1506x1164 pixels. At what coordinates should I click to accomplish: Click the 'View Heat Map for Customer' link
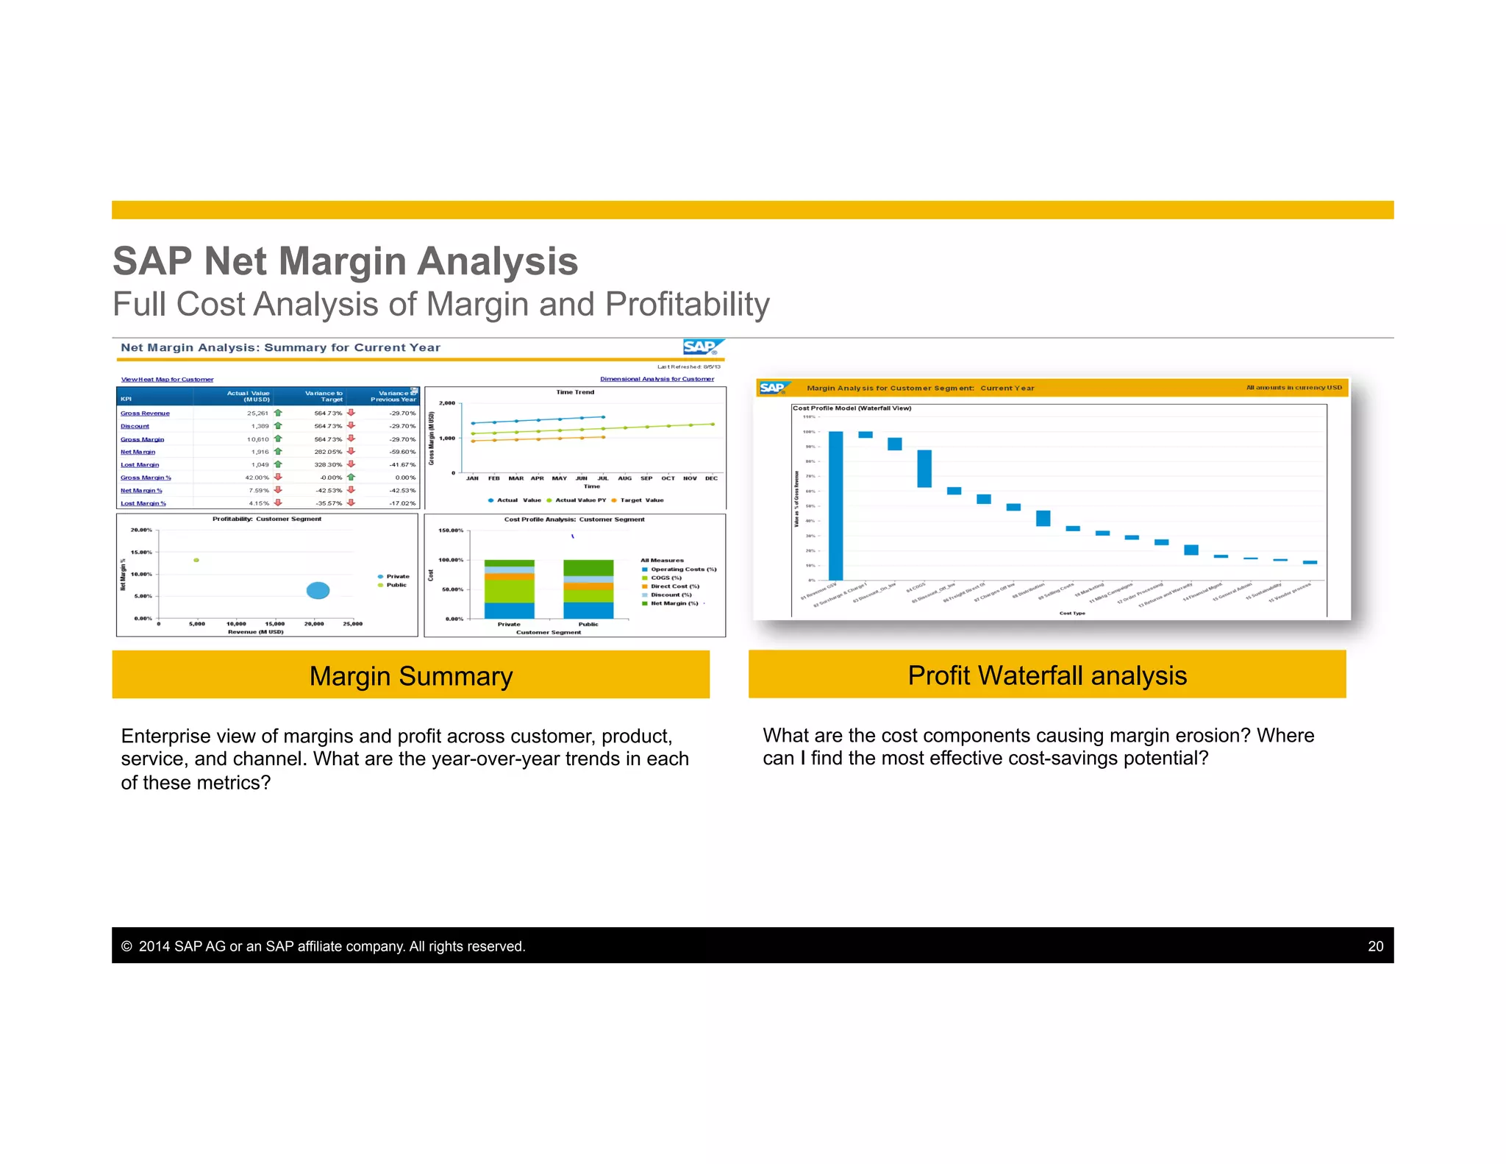167,380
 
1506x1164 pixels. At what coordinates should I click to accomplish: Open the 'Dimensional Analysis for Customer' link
657,379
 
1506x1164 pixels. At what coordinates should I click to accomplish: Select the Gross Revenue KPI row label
145,414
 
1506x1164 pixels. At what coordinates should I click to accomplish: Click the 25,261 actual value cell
257,414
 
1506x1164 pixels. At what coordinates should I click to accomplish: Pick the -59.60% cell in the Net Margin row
402,452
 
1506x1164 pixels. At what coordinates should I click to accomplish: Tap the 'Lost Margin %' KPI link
143,503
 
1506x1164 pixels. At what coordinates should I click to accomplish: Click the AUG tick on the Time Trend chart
624,478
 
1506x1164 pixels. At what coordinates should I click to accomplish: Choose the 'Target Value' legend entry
641,500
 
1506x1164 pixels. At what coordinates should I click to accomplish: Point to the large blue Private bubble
318,590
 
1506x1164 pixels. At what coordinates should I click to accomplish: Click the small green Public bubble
196,561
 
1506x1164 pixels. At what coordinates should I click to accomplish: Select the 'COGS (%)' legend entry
665,578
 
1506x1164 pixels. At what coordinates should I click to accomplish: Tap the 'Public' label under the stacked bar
588,625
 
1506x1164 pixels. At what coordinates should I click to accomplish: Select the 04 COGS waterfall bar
924,469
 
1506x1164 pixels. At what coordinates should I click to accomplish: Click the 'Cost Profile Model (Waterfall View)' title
852,408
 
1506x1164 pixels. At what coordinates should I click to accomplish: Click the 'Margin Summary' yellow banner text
410,676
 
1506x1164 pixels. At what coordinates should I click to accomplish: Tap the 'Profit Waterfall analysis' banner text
1047,675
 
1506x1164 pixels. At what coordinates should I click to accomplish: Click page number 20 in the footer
1375,946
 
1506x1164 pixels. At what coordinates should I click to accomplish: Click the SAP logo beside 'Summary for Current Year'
702,347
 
